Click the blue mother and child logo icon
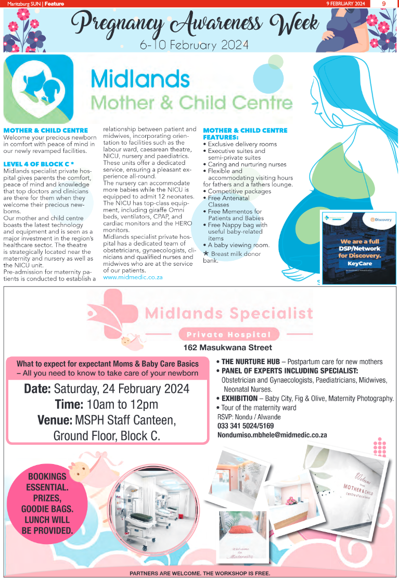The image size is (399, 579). (x=38, y=87)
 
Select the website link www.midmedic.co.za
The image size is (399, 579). (x=133, y=277)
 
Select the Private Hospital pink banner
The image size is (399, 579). (x=229, y=334)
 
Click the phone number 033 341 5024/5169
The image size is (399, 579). (x=247, y=426)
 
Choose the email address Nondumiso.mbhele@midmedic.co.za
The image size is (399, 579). (x=272, y=434)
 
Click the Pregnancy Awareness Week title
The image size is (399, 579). (x=195, y=23)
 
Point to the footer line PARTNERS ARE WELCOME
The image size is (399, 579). (x=200, y=574)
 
